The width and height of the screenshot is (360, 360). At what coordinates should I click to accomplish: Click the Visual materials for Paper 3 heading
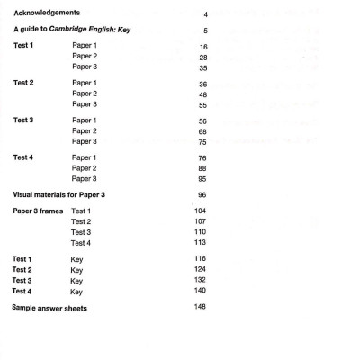68,194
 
